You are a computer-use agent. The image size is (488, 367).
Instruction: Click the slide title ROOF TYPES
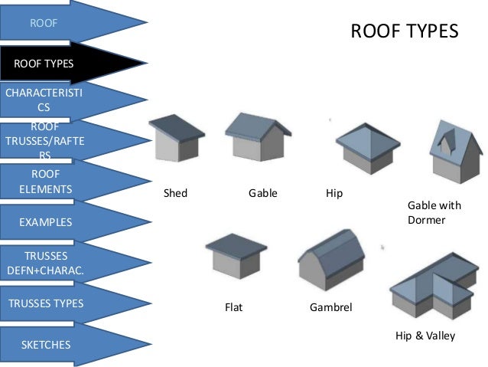point(404,31)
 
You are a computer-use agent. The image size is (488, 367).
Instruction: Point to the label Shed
point(175,193)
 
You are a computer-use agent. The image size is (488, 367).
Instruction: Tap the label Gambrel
point(330,308)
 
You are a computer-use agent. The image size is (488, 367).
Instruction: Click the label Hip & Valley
point(425,336)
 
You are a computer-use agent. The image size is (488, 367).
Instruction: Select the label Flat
point(233,308)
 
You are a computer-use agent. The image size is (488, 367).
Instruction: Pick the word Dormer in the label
point(426,220)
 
